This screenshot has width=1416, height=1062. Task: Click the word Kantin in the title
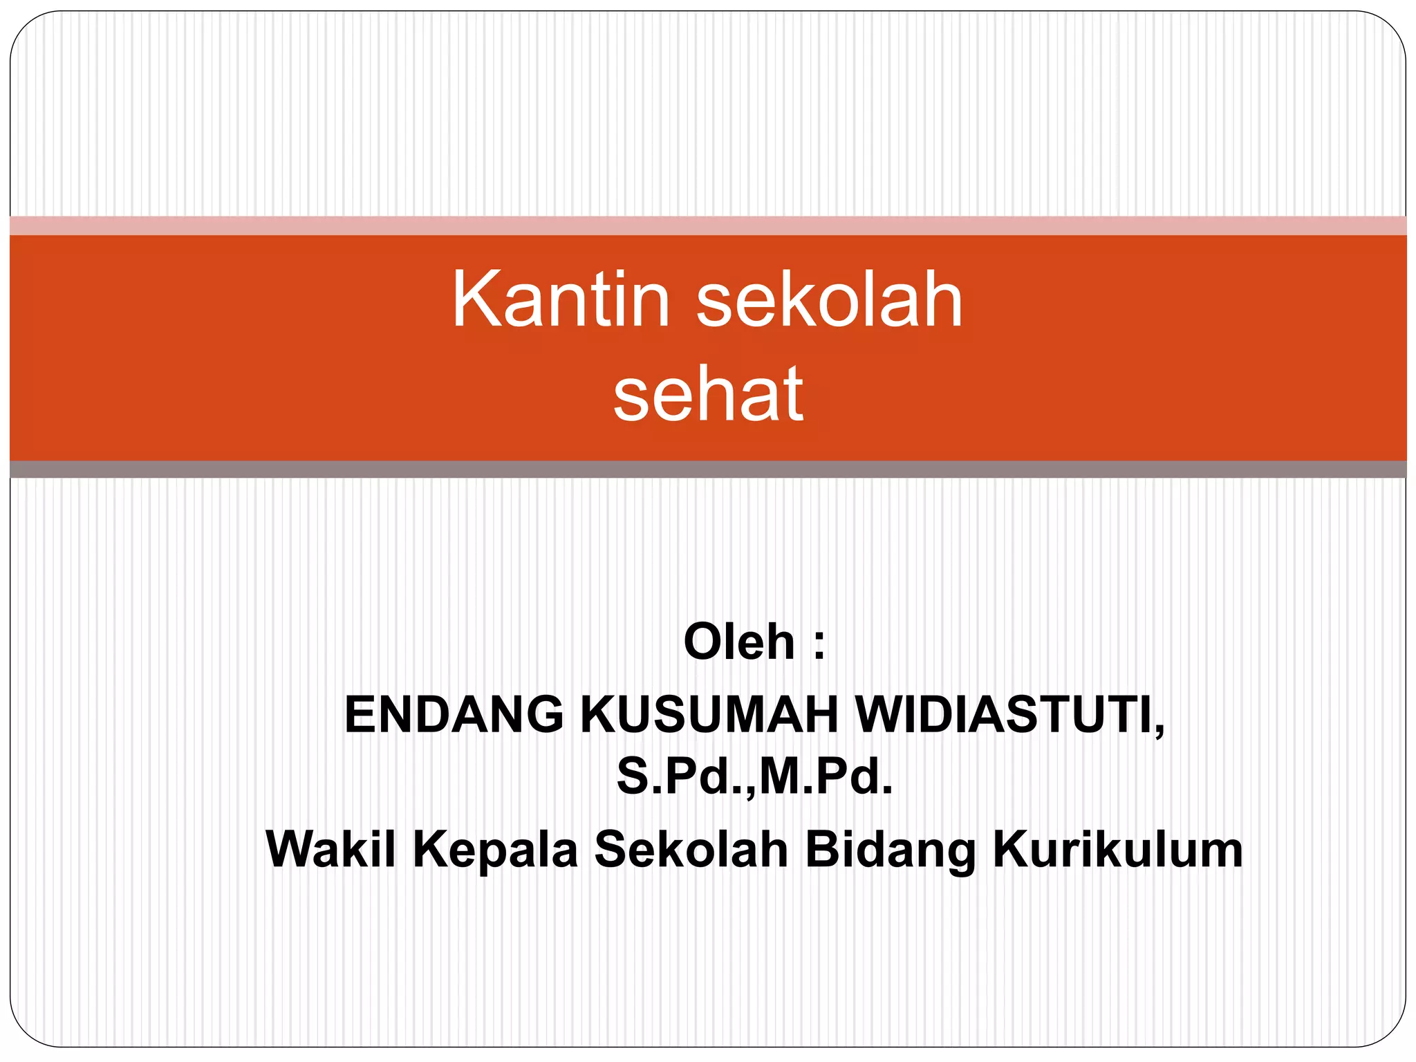click(x=561, y=299)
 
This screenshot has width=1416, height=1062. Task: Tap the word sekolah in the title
click(x=829, y=299)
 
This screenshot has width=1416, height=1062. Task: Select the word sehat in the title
click(x=708, y=393)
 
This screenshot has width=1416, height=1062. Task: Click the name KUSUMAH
click(x=709, y=714)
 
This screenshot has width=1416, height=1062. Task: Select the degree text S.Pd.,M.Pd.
click(x=754, y=776)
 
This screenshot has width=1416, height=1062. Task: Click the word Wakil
click(x=331, y=848)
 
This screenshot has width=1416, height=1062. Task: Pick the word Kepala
click(x=495, y=850)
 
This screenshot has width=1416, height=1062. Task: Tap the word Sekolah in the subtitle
click(x=691, y=848)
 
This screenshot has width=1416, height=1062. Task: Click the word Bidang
click(x=890, y=850)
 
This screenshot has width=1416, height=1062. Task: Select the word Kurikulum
click(x=1117, y=848)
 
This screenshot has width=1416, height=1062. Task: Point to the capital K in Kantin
click(x=476, y=299)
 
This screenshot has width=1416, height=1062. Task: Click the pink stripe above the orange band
click(x=708, y=225)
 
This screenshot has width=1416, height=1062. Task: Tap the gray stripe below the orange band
click(x=708, y=469)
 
